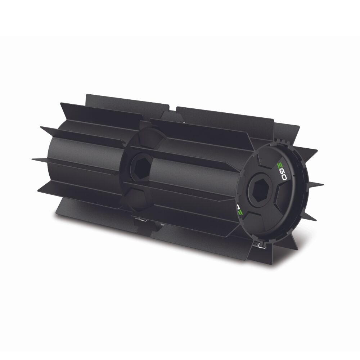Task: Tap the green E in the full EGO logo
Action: pyautogui.click(x=280, y=165)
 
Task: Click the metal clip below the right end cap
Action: pyautogui.click(x=261, y=245)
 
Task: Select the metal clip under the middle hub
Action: pyautogui.click(x=140, y=220)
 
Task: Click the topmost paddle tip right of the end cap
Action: pyautogui.click(x=317, y=150)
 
